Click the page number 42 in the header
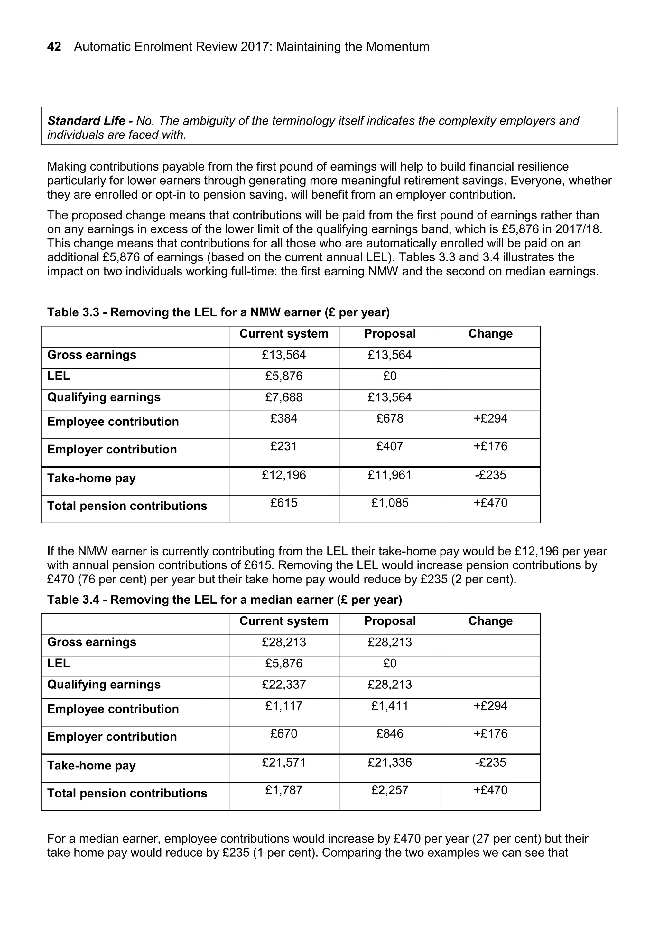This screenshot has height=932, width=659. [54, 47]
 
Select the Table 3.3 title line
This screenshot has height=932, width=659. [218, 312]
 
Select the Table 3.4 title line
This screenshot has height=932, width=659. [224, 600]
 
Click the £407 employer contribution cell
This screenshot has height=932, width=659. [390, 446]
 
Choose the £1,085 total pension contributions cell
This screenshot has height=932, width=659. [390, 503]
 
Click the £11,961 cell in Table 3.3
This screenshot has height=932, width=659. [390, 475]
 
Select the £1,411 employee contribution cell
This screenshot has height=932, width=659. [390, 705]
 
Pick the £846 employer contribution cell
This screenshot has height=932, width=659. [390, 733]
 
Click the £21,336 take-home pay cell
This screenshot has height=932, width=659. [390, 762]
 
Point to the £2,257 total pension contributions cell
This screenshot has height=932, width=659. [390, 790]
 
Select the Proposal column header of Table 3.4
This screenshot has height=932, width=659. [390, 621]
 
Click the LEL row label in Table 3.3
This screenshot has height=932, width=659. [59, 376]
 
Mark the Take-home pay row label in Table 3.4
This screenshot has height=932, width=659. [91, 766]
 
